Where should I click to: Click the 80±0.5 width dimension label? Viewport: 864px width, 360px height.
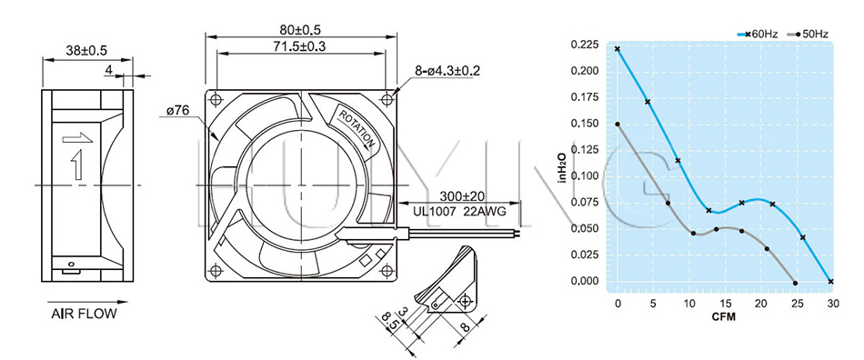300,29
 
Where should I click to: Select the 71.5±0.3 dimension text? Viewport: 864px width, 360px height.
300,46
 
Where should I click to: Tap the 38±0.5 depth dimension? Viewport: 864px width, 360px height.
87,51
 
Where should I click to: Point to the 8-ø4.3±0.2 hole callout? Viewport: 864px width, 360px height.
448,71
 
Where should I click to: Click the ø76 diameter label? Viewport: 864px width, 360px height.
177,111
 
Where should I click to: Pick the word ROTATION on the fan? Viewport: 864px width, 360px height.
357,128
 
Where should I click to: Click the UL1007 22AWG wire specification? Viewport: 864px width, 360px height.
459,210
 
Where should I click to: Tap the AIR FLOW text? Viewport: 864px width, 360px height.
85,315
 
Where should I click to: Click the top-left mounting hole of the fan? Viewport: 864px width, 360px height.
216,100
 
